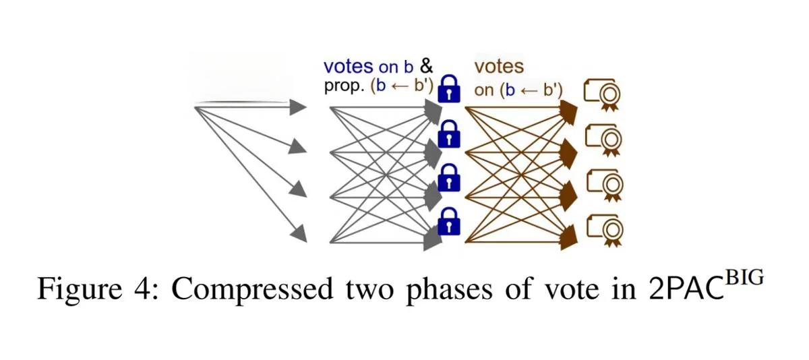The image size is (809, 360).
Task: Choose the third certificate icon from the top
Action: (x=603, y=183)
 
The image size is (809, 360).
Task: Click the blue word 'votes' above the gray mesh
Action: (x=348, y=66)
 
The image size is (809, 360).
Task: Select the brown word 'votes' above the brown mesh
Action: (x=499, y=66)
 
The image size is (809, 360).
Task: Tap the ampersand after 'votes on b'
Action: (x=426, y=66)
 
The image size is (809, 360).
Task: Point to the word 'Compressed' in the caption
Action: (x=253, y=289)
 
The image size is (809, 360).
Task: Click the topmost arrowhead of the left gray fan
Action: (x=298, y=107)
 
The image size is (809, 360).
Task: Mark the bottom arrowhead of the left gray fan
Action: (x=298, y=235)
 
